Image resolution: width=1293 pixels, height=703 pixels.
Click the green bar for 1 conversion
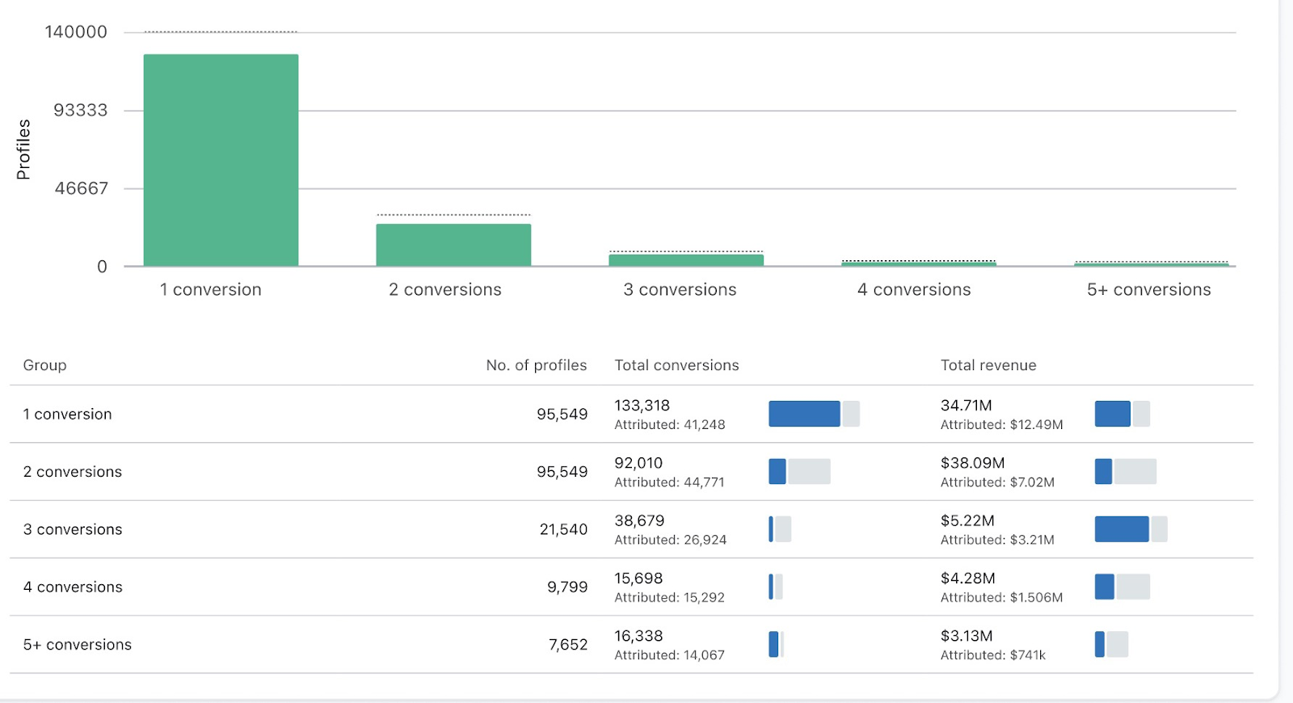coord(221,160)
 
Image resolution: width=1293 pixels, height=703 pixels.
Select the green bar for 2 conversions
coord(453,245)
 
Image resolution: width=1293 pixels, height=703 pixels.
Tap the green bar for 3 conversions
coord(686,260)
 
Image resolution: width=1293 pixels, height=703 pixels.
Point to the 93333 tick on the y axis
coord(80,111)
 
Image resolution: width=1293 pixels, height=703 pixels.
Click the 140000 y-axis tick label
coord(76,32)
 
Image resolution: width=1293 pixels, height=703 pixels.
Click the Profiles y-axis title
coord(23,149)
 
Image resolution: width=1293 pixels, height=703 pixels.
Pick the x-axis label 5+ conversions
coord(1148,290)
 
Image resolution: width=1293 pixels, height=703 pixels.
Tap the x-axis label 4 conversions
coord(914,290)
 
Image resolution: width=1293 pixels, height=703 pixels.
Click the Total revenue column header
coord(988,365)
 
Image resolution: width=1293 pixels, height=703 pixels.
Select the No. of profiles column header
coord(536,365)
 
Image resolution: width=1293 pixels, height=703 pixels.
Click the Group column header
coord(44,365)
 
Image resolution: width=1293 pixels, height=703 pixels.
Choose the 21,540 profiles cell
coord(563,529)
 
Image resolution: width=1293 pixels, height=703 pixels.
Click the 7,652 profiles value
coord(567,645)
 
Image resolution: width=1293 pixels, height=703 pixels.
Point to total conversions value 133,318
coord(642,406)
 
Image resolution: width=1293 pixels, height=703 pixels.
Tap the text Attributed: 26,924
coord(670,540)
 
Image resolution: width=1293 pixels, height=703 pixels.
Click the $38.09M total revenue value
coord(972,463)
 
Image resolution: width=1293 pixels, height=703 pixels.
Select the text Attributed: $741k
coord(992,655)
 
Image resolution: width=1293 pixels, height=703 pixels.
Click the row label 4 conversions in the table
coord(73,587)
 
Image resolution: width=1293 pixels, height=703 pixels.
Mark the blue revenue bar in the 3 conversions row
coord(1121,529)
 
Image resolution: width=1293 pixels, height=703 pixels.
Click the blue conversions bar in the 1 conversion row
coord(803,414)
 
